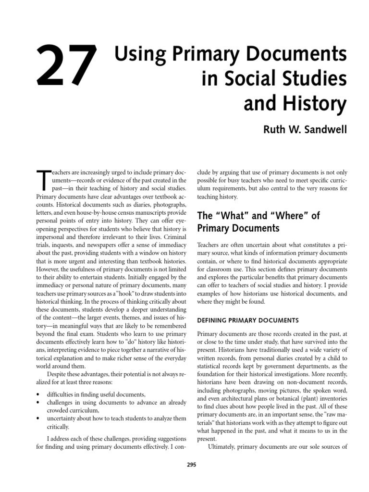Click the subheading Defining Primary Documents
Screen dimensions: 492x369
[248, 320]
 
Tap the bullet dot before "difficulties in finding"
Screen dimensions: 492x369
[38, 394]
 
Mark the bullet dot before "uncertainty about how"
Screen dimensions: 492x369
[38, 418]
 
